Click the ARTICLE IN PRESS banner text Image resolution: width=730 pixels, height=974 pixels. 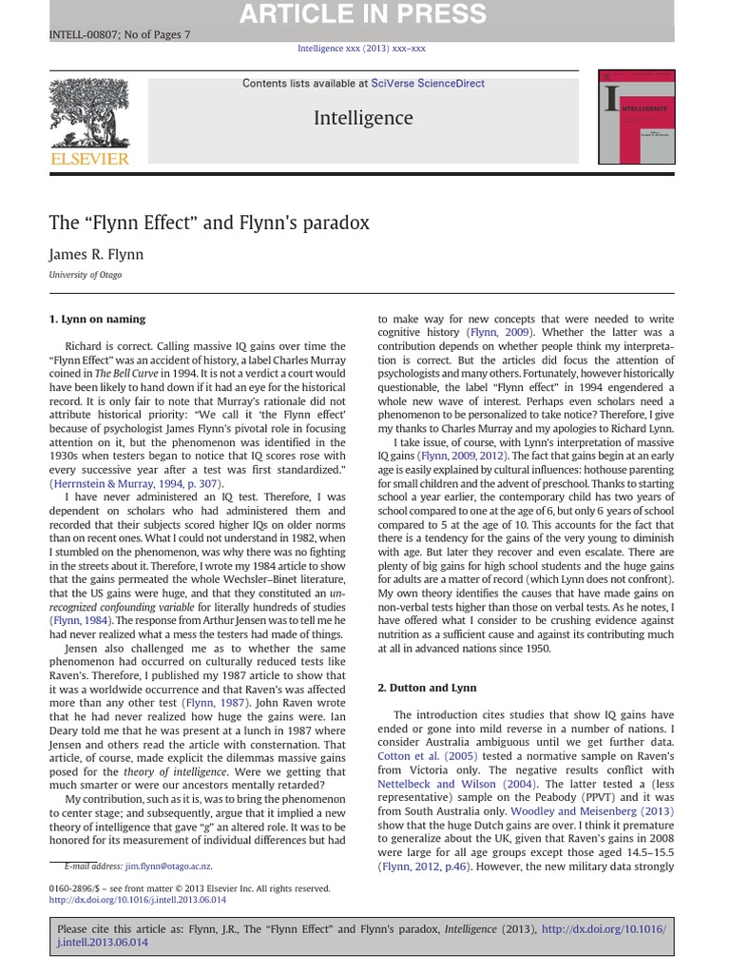(362, 15)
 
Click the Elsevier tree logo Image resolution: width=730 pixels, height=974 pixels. (88, 112)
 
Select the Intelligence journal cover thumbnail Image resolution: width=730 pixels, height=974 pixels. (636, 116)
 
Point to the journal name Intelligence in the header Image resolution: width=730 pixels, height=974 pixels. (362, 118)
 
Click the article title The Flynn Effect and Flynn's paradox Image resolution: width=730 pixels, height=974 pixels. (209, 223)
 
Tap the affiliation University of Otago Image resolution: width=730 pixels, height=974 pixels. (86, 275)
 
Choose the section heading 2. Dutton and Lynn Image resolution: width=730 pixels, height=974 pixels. (427, 687)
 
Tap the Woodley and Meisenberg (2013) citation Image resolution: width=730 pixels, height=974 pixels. (591, 811)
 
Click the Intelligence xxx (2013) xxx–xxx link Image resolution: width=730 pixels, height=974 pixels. (362, 49)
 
